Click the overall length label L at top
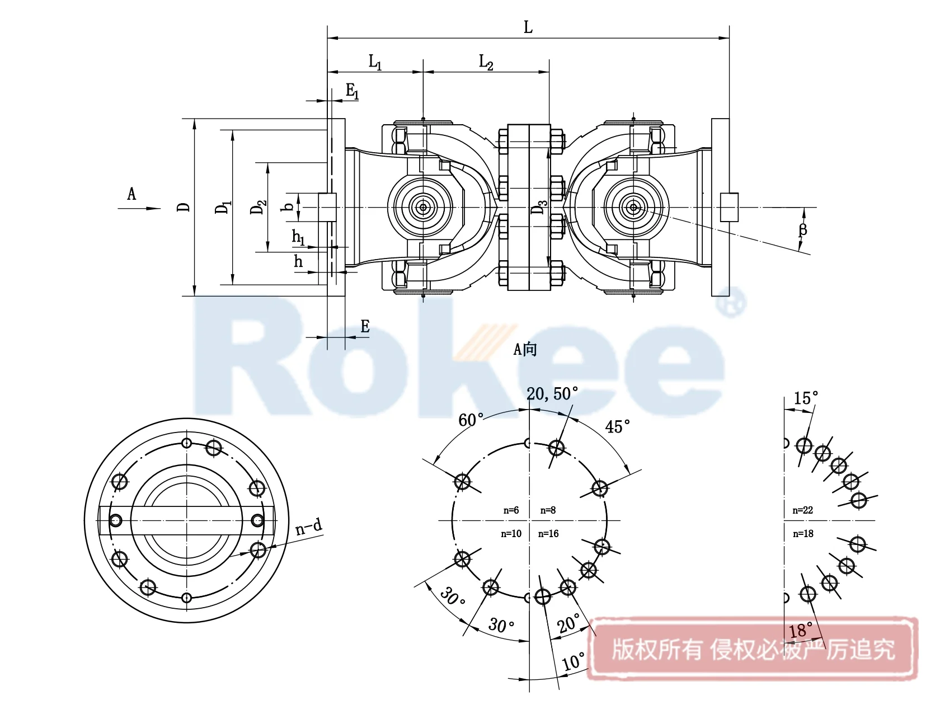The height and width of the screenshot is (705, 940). click(x=528, y=27)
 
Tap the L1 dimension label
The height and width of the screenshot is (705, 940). click(x=375, y=62)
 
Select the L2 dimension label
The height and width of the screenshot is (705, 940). click(x=486, y=62)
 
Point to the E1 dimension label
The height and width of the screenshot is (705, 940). click(x=352, y=91)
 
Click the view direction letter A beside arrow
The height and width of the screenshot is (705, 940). click(x=131, y=194)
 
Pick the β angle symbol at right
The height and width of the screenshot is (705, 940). click(x=803, y=229)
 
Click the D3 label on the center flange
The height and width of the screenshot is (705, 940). click(x=538, y=207)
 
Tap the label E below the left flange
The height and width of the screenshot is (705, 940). click(x=365, y=326)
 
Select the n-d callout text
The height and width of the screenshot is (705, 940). click(x=309, y=527)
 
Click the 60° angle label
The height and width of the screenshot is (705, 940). click(x=471, y=420)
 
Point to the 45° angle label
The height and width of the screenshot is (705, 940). click(x=617, y=427)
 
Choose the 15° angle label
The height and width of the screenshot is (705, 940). click(x=806, y=398)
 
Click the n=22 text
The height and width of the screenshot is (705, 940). click(x=802, y=510)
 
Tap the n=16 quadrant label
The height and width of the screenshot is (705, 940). click(x=548, y=534)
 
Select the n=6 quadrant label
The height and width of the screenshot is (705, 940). click(x=511, y=510)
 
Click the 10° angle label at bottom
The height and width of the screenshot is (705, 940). click(x=574, y=662)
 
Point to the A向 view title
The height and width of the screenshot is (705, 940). click(x=525, y=350)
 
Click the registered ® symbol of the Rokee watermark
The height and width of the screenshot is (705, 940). click(x=732, y=303)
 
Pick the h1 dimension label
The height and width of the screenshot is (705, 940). click(x=298, y=237)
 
